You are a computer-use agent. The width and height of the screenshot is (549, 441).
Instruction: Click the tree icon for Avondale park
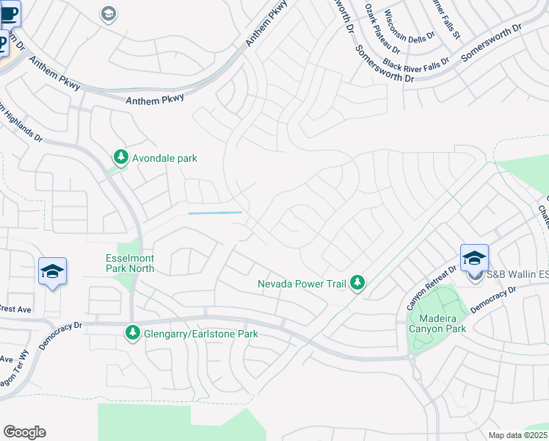tap(120, 157)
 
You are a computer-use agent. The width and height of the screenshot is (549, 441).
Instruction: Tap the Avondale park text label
tap(164, 158)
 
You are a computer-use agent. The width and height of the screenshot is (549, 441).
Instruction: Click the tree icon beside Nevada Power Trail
tap(357, 282)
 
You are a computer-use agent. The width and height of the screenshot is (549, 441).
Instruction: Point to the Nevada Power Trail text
tap(302, 284)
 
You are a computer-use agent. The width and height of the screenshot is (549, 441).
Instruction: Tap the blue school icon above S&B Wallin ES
tap(474, 257)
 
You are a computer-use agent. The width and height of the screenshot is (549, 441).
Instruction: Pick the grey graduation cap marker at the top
tap(109, 14)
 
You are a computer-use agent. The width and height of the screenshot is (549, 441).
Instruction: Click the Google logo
tap(24, 432)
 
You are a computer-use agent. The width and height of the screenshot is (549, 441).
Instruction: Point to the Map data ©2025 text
tap(517, 435)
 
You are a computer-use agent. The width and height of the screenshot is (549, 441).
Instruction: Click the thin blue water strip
tap(215, 213)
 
